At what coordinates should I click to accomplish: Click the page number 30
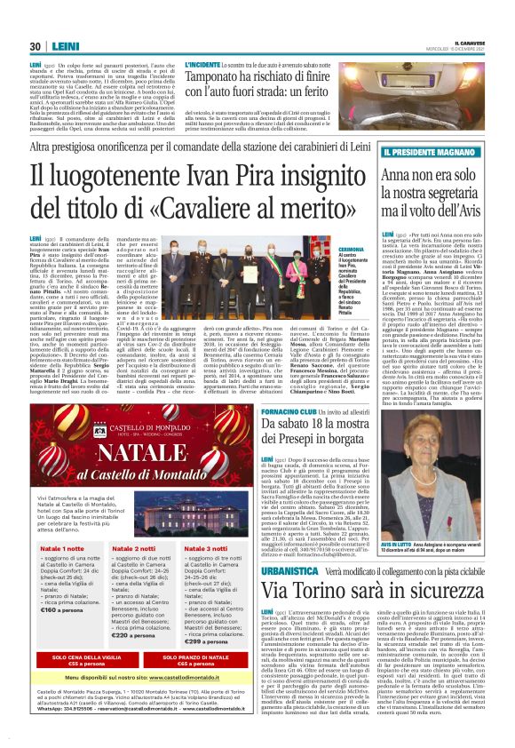pos(35,46)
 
